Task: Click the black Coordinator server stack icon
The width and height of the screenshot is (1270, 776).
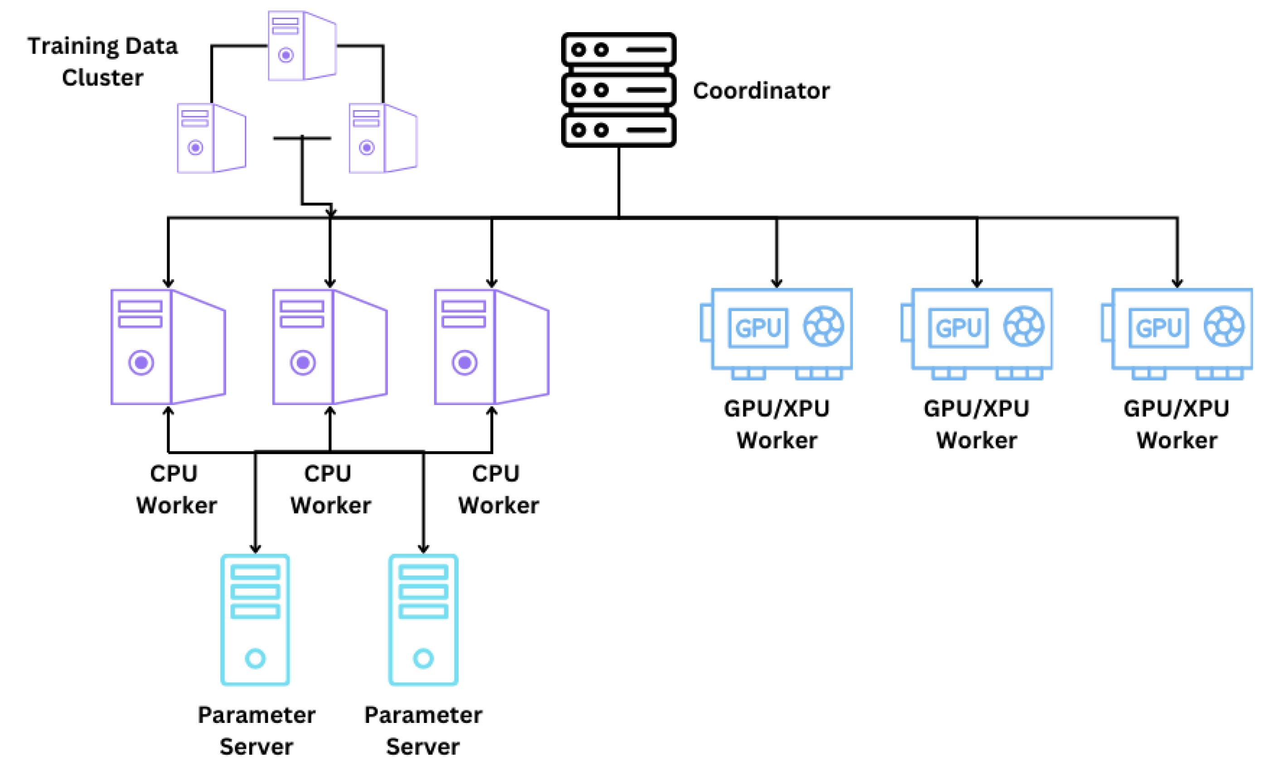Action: coord(619,90)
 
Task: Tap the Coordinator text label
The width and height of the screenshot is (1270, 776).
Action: coord(761,91)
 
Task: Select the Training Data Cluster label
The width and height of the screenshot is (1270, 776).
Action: coord(102,61)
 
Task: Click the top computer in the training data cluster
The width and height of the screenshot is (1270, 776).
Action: coord(302,46)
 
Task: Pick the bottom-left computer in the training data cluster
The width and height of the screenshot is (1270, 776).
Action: coord(211,138)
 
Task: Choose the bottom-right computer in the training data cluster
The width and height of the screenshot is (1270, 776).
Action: coord(383,138)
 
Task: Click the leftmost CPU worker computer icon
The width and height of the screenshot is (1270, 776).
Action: coord(168,347)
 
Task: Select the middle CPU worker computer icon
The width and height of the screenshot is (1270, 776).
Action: coord(330,347)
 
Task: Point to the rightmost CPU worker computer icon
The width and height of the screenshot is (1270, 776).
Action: coord(492,347)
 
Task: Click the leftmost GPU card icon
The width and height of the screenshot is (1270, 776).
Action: coord(776,333)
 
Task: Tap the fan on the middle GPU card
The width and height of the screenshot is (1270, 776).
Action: coord(1023,326)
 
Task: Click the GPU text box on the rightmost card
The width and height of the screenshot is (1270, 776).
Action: coord(1159,328)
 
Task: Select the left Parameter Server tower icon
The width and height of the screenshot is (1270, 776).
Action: coord(255,620)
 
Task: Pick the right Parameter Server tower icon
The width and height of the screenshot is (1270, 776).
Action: coord(423,620)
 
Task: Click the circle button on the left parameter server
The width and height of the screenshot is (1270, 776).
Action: coord(255,658)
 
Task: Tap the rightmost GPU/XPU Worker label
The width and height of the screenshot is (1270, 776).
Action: coord(1177,425)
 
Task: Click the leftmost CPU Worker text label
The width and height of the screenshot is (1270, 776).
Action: coord(176,489)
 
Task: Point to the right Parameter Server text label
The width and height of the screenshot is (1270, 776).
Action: coord(423,731)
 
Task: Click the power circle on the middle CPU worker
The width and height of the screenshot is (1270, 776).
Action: coord(303,362)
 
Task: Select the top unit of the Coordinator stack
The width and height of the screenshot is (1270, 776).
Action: coord(619,49)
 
